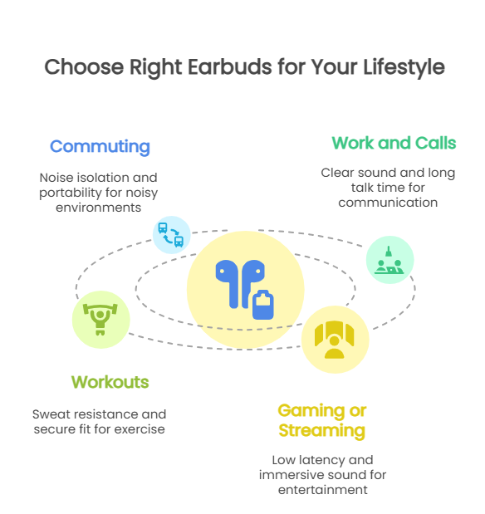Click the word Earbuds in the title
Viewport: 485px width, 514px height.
229,67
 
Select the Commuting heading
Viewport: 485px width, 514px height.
100,147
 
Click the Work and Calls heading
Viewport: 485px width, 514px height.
394,144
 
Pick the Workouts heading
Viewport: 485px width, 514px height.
110,382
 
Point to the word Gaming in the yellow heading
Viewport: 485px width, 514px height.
311,411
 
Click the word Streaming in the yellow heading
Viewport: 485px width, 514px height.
321,431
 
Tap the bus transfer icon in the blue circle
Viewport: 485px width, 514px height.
171,235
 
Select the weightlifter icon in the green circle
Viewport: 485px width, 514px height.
100,320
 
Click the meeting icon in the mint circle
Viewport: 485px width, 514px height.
389,260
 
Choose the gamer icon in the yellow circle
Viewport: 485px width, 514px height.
334,340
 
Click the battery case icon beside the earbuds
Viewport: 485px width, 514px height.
263,305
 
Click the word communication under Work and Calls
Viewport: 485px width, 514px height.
388,203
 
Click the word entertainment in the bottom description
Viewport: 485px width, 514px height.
323,490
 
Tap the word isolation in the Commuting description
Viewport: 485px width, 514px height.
99,178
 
